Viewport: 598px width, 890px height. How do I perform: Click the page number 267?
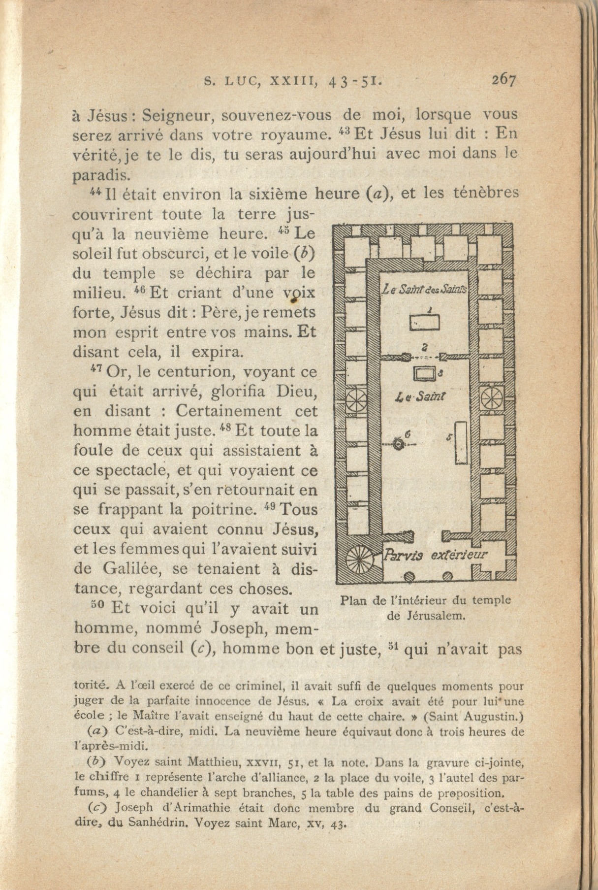(504, 80)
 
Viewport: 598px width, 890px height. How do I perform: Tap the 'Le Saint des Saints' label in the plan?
(426, 290)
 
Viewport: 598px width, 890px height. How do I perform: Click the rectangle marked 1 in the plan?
(425, 323)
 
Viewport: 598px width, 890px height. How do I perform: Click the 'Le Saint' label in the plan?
(421, 396)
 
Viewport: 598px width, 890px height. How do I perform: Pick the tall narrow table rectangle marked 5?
(461, 443)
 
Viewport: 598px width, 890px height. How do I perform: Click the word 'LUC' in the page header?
(242, 82)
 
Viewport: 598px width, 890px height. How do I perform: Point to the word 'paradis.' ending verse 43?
(101, 175)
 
